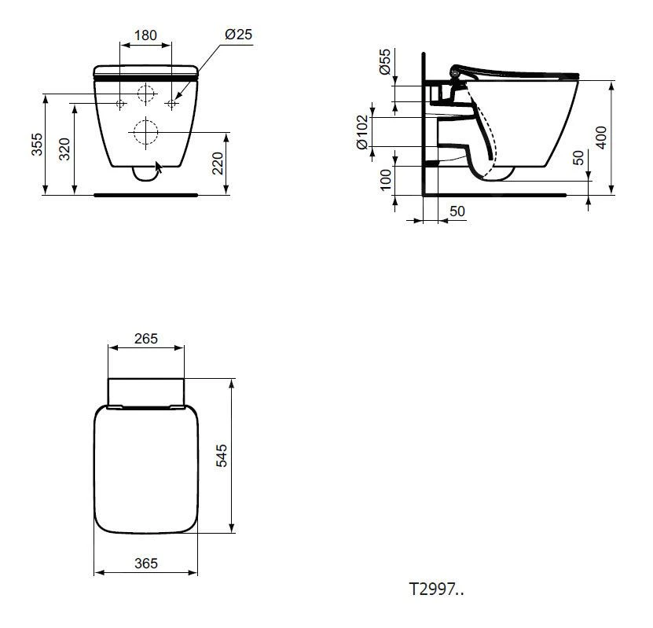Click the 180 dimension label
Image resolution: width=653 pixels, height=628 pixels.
point(145,35)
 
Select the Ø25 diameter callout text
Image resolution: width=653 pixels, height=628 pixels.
point(238,35)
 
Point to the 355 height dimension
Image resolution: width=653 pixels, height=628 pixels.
point(37,145)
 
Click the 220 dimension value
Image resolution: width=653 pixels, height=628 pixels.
point(218,163)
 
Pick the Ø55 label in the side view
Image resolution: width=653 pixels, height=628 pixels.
point(385,61)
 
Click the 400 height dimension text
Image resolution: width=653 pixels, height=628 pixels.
point(602,137)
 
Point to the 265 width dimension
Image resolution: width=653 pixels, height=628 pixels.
point(145,339)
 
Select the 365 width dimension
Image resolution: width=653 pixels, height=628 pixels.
point(145,563)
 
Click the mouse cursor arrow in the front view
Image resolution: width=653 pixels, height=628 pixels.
point(160,167)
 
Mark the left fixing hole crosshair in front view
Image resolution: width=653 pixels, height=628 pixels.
point(119,103)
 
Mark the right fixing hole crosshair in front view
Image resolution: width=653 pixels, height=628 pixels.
point(171,103)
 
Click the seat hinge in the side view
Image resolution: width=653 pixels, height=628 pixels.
point(455,74)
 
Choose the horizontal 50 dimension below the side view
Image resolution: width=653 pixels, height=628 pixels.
point(457,211)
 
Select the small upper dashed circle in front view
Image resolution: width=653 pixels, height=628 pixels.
point(145,94)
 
